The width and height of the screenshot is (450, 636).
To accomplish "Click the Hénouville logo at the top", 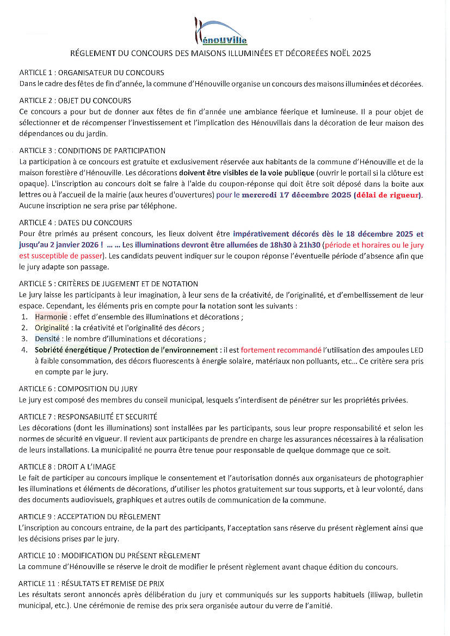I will pos(221,32).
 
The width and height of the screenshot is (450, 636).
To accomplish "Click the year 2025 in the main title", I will pos(362,54).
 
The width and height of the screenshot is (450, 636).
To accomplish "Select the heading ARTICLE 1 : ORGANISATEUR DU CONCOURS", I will pos(91,72).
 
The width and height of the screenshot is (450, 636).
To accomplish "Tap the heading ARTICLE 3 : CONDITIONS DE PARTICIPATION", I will pos(92,151).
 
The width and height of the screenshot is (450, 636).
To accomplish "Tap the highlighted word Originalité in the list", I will pos(52,328).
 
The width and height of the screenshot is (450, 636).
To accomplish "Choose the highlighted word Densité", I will pos(48,338).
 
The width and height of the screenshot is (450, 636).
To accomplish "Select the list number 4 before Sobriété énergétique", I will pos(24,350).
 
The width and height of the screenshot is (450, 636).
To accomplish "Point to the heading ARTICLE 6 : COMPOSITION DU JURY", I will pos(78,388).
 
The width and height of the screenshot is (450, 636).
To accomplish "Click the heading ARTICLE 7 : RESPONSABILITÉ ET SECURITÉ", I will pos(88,417).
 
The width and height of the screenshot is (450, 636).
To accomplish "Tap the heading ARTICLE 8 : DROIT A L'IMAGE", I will pos(67,467).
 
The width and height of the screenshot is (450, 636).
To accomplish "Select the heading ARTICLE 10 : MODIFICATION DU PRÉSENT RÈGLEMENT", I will pos(109,555).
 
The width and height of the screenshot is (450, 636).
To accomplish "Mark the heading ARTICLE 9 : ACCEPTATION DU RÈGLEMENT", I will pos(90,516).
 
